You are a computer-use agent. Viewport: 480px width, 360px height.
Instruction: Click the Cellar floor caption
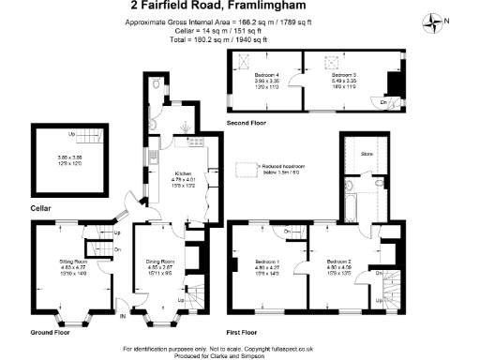tap(40, 206)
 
